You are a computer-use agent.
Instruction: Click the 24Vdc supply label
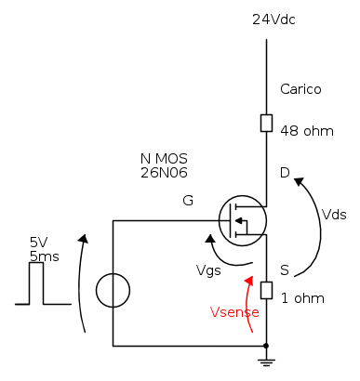(273, 20)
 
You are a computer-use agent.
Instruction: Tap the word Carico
(300, 89)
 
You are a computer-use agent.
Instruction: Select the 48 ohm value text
(307, 131)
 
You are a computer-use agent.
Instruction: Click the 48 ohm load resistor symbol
(266, 123)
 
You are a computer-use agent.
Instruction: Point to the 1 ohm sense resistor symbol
(266, 290)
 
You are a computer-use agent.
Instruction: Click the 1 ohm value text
(302, 298)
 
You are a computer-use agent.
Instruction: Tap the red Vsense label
(234, 312)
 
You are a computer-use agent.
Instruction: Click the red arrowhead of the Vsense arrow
(249, 280)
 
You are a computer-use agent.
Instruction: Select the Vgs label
(208, 270)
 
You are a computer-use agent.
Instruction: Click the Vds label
(334, 215)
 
